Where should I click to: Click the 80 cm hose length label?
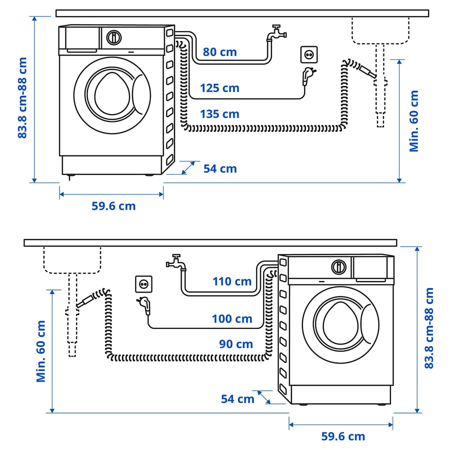[x=220, y=52]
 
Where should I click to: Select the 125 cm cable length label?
[x=219, y=88]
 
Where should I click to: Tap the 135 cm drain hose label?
[x=219, y=114]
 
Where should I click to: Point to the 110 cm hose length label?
[x=231, y=281]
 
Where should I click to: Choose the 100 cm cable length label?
[x=232, y=318]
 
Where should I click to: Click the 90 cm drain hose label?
[x=235, y=344]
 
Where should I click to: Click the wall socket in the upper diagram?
[x=309, y=54]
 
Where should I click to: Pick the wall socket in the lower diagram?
[x=143, y=284]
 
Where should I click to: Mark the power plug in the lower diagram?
[x=146, y=304]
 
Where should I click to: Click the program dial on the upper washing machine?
[x=114, y=37]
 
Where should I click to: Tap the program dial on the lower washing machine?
[x=338, y=266]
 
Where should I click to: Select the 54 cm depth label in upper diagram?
[x=220, y=169]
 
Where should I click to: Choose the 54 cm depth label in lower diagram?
[x=237, y=399]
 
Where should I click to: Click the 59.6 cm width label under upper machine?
[x=113, y=206]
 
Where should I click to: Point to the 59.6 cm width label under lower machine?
[x=343, y=436]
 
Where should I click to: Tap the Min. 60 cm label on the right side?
[x=414, y=121]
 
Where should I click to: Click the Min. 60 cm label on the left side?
[x=41, y=351]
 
